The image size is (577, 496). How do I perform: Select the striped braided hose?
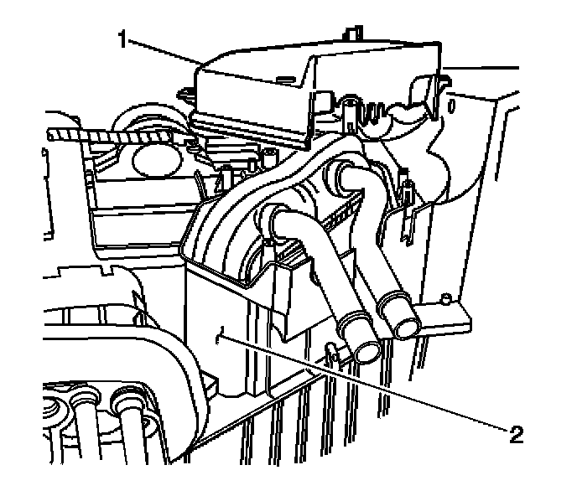[109, 134]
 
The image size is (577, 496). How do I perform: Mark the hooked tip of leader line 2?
[219, 334]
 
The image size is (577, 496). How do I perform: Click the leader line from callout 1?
[164, 52]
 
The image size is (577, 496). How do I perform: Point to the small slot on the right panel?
[454, 106]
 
